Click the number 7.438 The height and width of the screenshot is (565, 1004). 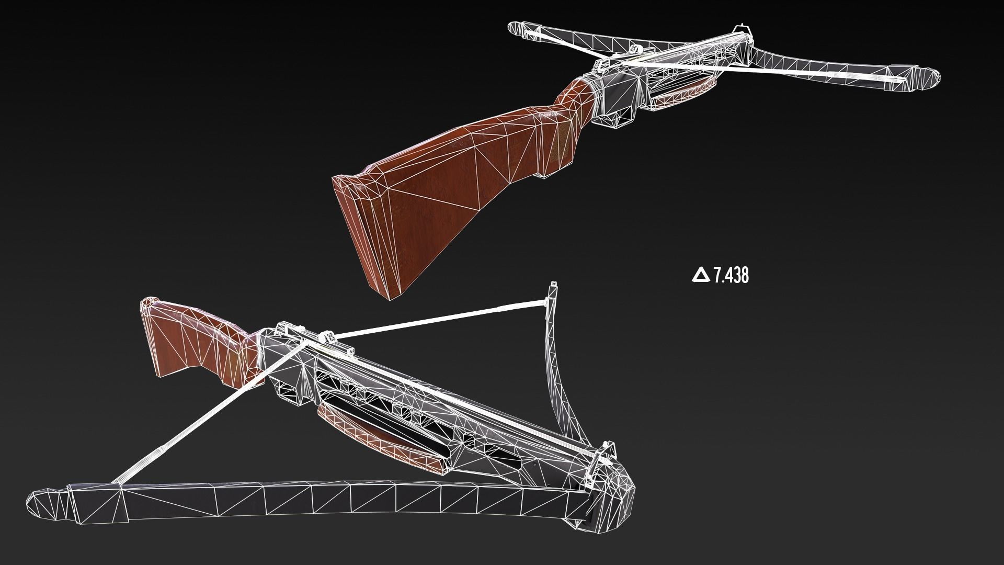[x=731, y=275]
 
